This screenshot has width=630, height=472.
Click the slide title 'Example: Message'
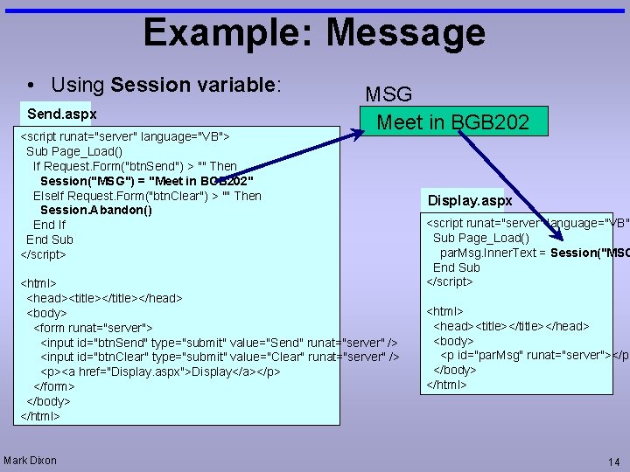point(314,33)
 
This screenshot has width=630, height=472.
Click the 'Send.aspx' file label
point(61,115)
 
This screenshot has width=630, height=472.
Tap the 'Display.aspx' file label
point(470,200)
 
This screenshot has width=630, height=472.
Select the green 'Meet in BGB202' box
point(452,122)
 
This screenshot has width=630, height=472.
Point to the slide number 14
point(612,462)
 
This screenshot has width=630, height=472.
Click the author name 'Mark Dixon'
point(31,460)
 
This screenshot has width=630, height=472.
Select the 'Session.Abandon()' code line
point(96,210)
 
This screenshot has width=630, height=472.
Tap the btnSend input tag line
point(220,342)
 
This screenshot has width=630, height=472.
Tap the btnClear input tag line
point(220,357)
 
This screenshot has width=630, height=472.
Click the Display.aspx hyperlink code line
point(160,371)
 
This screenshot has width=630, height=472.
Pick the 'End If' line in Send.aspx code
point(49,225)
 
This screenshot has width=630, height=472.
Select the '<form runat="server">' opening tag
point(94,327)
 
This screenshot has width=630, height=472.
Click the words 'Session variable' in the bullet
point(193,85)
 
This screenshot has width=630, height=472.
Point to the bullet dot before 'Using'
point(31,86)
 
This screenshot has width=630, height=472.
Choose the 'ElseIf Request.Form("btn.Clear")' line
point(147,196)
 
